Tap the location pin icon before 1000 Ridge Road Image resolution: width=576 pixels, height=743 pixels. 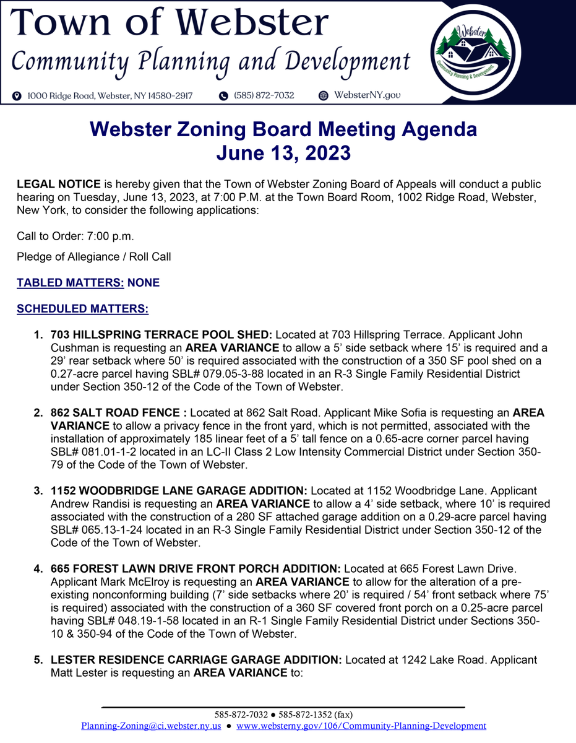(x=17, y=96)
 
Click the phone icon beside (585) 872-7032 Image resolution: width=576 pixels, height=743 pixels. (x=223, y=96)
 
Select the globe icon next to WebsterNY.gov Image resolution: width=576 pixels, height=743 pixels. (x=323, y=96)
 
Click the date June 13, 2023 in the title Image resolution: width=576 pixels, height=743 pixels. (x=283, y=153)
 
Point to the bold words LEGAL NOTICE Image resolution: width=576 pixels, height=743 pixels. (x=59, y=185)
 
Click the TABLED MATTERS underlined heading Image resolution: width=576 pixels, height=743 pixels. (x=71, y=283)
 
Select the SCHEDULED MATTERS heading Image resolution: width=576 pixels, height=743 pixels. (x=82, y=308)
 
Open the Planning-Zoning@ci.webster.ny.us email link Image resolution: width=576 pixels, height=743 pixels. (x=151, y=726)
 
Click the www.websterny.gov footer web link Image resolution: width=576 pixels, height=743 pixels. (x=361, y=726)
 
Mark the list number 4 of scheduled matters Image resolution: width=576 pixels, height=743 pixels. (x=38, y=568)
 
